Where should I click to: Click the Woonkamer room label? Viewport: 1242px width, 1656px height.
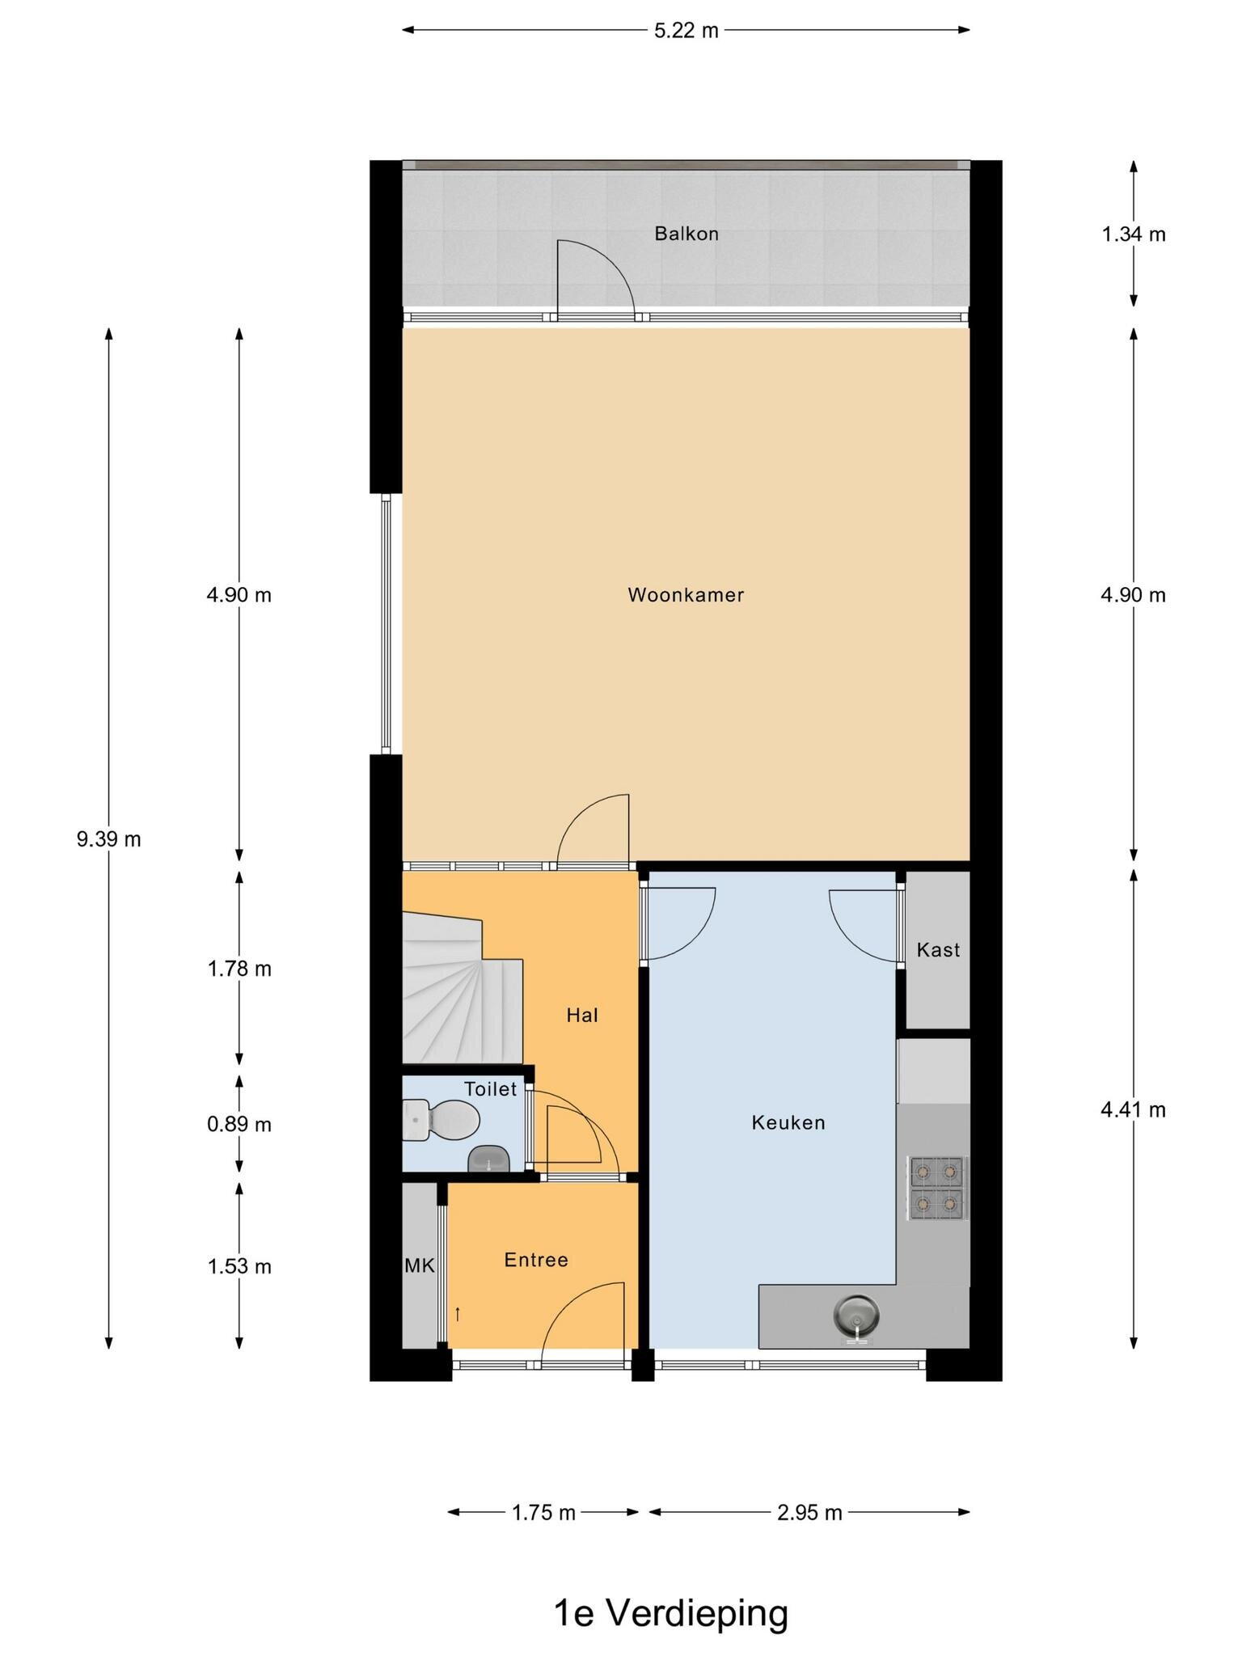(686, 595)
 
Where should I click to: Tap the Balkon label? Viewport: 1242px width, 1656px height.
(686, 234)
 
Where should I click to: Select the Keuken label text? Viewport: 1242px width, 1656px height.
(788, 1122)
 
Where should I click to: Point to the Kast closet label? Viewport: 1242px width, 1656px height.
(938, 949)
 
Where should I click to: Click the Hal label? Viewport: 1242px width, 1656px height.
(582, 1016)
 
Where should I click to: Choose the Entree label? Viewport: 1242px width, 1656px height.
(536, 1260)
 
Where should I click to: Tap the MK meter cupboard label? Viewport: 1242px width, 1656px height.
(420, 1266)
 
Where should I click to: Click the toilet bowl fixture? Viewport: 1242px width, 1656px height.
(441, 1120)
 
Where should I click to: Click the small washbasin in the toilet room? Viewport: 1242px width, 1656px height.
(488, 1159)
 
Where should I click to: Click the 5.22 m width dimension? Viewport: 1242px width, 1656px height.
(686, 31)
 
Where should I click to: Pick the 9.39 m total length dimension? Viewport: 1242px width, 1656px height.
(109, 839)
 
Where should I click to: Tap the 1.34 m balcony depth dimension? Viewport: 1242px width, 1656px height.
(1134, 234)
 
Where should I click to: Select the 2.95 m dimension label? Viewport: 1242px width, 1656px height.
(809, 1512)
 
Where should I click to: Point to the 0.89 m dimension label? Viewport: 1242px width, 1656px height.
(239, 1125)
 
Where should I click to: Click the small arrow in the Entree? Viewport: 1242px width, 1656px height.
(458, 1314)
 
